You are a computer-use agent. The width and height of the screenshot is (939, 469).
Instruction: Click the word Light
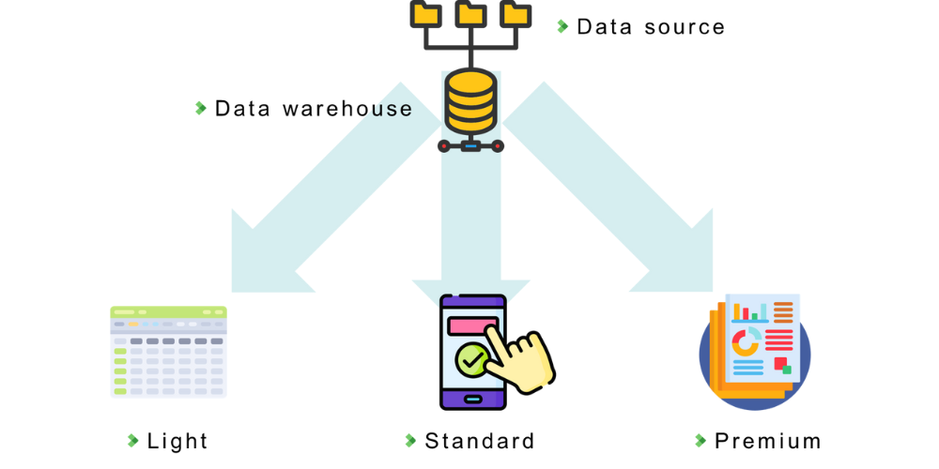[x=177, y=441]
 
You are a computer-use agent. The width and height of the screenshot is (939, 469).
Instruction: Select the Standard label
[x=480, y=441]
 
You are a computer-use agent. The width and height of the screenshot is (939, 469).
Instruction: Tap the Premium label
[x=768, y=441]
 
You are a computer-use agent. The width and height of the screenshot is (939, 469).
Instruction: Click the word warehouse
[x=347, y=109]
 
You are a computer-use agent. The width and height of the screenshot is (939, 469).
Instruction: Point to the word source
[x=685, y=27]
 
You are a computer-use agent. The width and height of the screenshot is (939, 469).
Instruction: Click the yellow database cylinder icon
[x=469, y=101]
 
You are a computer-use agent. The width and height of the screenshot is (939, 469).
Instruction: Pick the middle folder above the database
[x=469, y=13]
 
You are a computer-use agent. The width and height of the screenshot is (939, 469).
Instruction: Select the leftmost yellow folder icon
[x=425, y=13]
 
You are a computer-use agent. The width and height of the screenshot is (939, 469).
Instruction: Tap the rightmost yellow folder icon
[x=515, y=13]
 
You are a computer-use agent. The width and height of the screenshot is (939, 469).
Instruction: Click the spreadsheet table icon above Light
[x=168, y=352]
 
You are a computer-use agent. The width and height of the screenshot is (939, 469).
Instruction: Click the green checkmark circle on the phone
[x=470, y=359]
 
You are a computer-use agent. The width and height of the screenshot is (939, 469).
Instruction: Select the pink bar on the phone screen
[x=472, y=325]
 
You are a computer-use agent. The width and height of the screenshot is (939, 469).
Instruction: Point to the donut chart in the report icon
[x=746, y=341]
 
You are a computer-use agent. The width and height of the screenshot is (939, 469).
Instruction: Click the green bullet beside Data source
[x=562, y=26]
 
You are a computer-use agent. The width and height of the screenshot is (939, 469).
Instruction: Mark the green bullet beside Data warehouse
[x=201, y=108]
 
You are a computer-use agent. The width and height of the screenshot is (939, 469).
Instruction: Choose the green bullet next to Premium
[x=700, y=441]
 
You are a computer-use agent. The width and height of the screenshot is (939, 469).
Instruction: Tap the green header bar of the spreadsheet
[x=168, y=311]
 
